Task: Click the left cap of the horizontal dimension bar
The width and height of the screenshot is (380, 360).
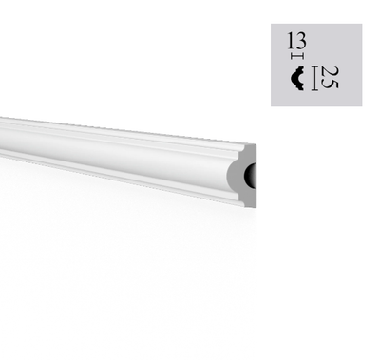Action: tap(292, 57)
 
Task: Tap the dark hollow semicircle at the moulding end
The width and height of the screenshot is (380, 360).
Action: tap(251, 176)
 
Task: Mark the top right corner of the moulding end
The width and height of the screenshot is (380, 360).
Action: tap(255, 145)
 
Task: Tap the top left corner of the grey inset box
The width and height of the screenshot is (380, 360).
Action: tap(272, 25)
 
